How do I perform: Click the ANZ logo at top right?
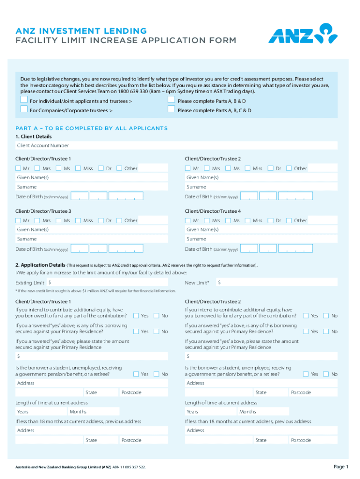coord(302,33)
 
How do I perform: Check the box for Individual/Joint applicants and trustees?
coord(24,100)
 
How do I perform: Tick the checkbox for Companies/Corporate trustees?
coord(24,109)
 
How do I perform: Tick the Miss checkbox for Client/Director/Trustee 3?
coord(78,220)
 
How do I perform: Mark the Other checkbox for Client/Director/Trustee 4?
coord(289,220)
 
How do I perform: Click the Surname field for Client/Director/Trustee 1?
coord(91,187)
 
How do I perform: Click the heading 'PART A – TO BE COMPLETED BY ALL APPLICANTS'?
coord(91,128)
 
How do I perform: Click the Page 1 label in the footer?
coord(341,467)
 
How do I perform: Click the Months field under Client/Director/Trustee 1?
coord(94,412)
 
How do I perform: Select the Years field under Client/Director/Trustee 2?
coord(211,412)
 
